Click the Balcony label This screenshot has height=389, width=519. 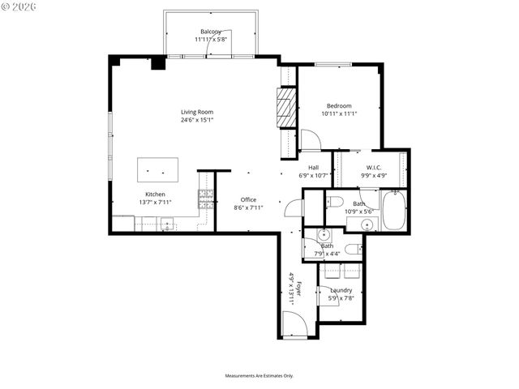point(211,32)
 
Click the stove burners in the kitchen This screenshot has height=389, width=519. point(206,195)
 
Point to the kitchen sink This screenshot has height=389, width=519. point(168,224)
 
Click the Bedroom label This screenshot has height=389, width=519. point(339,106)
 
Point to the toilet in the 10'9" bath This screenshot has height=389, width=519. point(337,201)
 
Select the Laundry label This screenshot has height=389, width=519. point(341,290)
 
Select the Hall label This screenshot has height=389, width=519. point(313,168)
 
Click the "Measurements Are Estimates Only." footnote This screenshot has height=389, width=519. point(259,376)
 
